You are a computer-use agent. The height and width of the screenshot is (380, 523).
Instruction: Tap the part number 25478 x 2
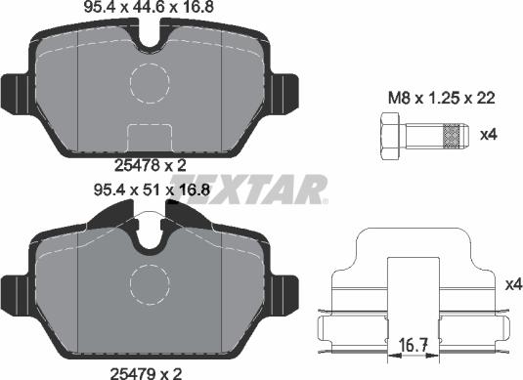152,167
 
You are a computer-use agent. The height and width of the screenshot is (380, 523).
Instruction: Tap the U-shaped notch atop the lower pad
153,234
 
